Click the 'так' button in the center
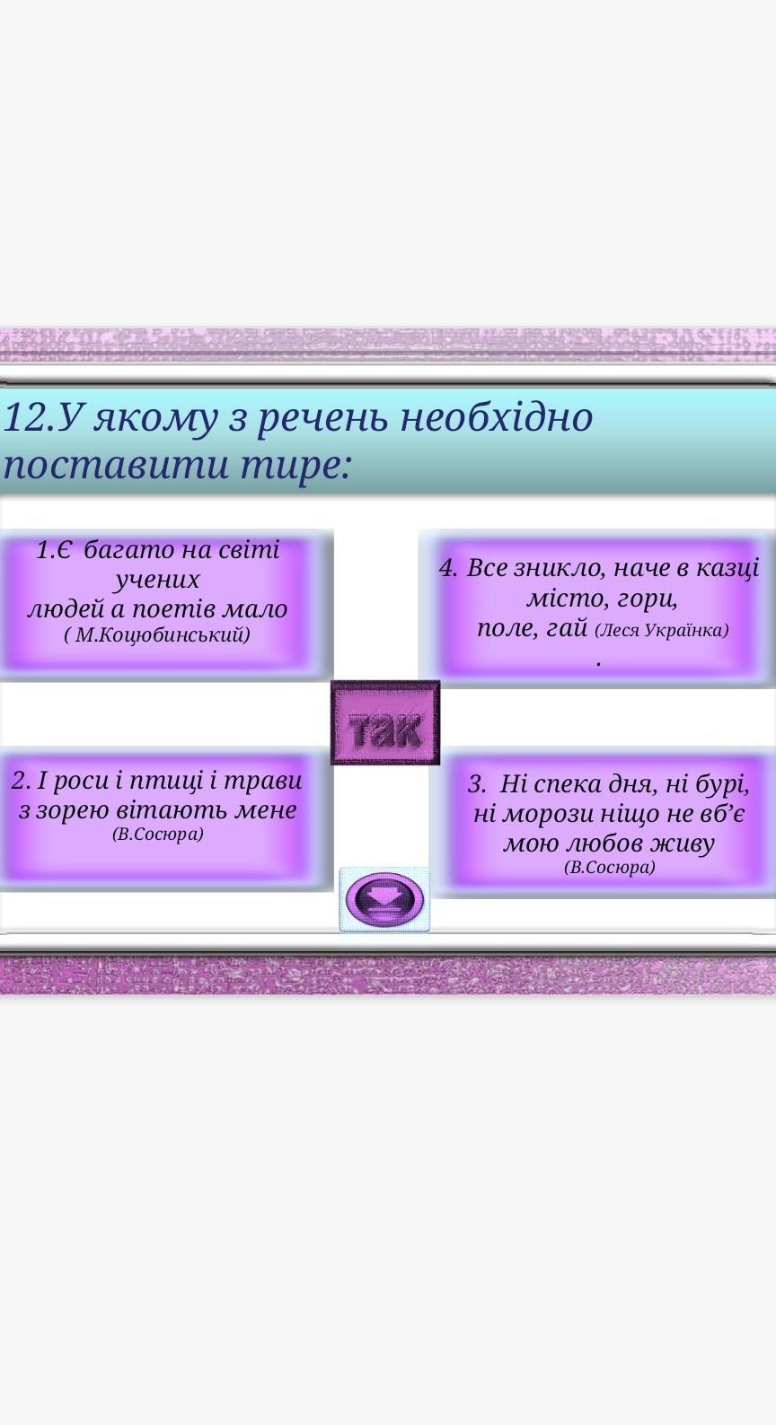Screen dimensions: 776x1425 click(385, 722)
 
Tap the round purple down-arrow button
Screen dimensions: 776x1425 click(384, 899)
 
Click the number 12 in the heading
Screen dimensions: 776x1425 click(24, 418)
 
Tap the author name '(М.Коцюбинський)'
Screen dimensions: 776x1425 click(157, 635)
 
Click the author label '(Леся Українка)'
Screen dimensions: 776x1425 click(662, 630)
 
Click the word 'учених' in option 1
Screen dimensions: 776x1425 click(157, 580)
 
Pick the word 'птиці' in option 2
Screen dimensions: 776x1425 click(167, 782)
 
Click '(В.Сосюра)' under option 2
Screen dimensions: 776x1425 click(158, 834)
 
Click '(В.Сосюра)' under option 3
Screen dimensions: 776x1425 click(610, 867)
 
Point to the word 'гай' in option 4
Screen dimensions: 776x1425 click(568, 628)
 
